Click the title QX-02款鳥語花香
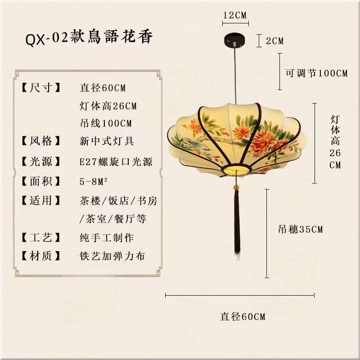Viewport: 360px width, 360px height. [x=89, y=38]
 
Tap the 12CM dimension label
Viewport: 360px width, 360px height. [x=235, y=15]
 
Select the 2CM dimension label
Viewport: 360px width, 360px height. [x=274, y=41]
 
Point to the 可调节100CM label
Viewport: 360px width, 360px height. [x=317, y=73]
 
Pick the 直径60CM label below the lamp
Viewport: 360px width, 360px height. [x=243, y=316]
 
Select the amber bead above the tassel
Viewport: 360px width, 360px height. [x=235, y=186]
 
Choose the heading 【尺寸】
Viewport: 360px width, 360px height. [x=40, y=88]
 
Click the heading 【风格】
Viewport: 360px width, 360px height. [x=40, y=141]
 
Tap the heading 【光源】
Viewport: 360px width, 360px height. [x=40, y=162]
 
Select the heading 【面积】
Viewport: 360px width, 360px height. [x=40, y=181]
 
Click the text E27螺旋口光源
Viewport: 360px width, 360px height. [x=116, y=162]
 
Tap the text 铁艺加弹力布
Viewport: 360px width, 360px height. [x=112, y=256]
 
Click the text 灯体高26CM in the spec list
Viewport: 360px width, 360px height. [x=108, y=107]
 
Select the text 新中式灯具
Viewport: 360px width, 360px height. [x=106, y=141]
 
